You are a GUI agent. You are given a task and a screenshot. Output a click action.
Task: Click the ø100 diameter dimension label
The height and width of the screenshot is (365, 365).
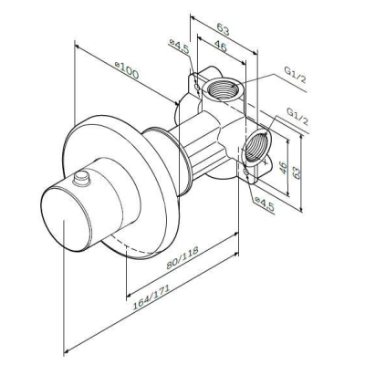pos(127,70)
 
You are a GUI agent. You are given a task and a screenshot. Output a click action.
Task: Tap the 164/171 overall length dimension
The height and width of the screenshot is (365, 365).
pos(151,297)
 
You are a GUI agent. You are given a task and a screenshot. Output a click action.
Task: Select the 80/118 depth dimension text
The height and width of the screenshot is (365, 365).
pos(182,257)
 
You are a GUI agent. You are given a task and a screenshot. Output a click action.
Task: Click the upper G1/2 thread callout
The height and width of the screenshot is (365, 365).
pos(295,75)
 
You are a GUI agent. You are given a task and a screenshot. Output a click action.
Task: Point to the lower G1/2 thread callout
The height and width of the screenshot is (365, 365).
pos(297,116)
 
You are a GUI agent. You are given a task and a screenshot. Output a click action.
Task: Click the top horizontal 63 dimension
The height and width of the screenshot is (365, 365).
pos(223,29)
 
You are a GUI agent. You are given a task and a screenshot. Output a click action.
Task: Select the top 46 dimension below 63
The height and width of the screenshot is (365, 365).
pos(220,47)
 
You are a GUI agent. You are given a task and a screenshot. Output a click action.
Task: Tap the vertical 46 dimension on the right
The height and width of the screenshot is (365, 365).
pos(284,168)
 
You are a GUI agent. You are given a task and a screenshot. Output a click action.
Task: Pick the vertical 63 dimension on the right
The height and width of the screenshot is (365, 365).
pos(297,172)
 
